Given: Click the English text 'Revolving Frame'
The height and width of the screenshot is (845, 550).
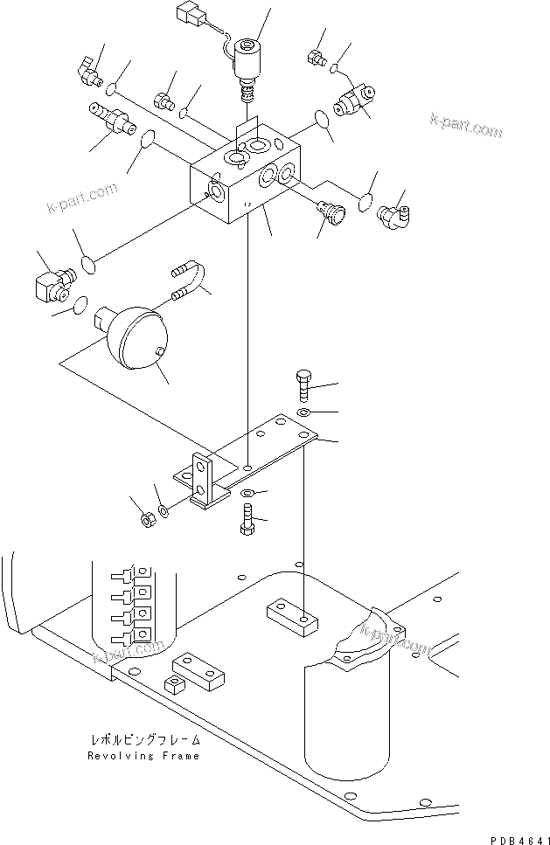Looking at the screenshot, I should [143, 756].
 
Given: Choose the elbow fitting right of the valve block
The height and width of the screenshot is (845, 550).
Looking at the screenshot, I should [393, 212].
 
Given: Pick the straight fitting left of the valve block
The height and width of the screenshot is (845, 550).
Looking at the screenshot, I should [111, 120].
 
